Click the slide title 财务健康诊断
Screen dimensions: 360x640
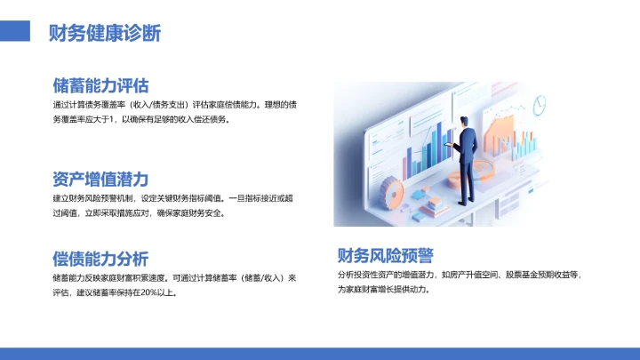click(x=105, y=33)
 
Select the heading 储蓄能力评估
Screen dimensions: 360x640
click(x=100, y=85)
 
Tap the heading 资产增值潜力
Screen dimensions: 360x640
click(x=100, y=178)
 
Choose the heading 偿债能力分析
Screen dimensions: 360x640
click(x=100, y=259)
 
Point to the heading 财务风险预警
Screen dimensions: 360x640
click(x=385, y=256)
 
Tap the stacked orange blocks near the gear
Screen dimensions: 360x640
click(x=435, y=205)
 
